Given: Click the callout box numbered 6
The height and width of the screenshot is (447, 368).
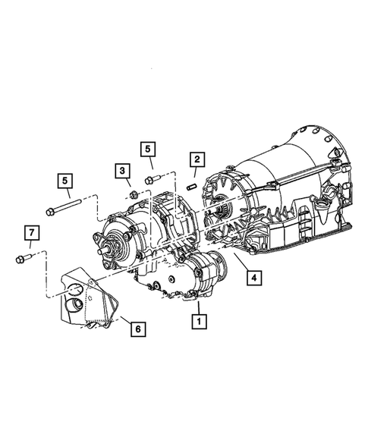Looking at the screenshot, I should (x=137, y=329).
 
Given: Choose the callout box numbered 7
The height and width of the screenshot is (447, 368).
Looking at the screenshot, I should (x=30, y=231).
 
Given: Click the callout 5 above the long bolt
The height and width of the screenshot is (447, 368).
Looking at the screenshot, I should (x=66, y=181).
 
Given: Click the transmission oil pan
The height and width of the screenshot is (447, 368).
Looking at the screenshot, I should (x=304, y=228).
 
